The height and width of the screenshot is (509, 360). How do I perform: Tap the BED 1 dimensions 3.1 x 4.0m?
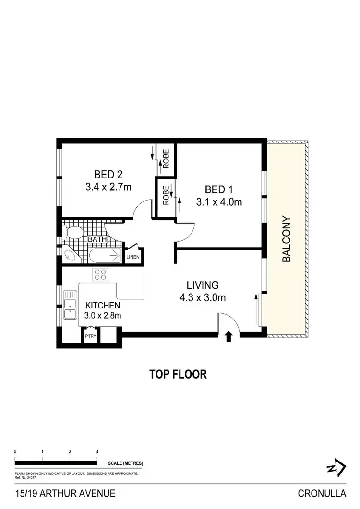click(x=218, y=202)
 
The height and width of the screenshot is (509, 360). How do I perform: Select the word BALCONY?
click(x=287, y=239)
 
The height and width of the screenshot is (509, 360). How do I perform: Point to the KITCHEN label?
click(x=102, y=305)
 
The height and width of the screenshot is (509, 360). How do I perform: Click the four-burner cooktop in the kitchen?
click(x=100, y=274)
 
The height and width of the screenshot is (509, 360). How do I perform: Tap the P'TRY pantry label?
click(x=91, y=336)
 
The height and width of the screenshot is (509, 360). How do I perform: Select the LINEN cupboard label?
click(x=133, y=257)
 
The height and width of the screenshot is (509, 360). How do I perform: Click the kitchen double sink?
click(x=71, y=308)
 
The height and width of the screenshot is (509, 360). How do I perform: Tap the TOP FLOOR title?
click(x=178, y=374)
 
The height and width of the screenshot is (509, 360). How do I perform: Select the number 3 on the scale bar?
click(x=97, y=452)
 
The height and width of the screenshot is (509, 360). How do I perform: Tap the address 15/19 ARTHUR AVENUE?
click(x=65, y=493)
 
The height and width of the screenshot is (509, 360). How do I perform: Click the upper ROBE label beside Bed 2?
click(x=166, y=159)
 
